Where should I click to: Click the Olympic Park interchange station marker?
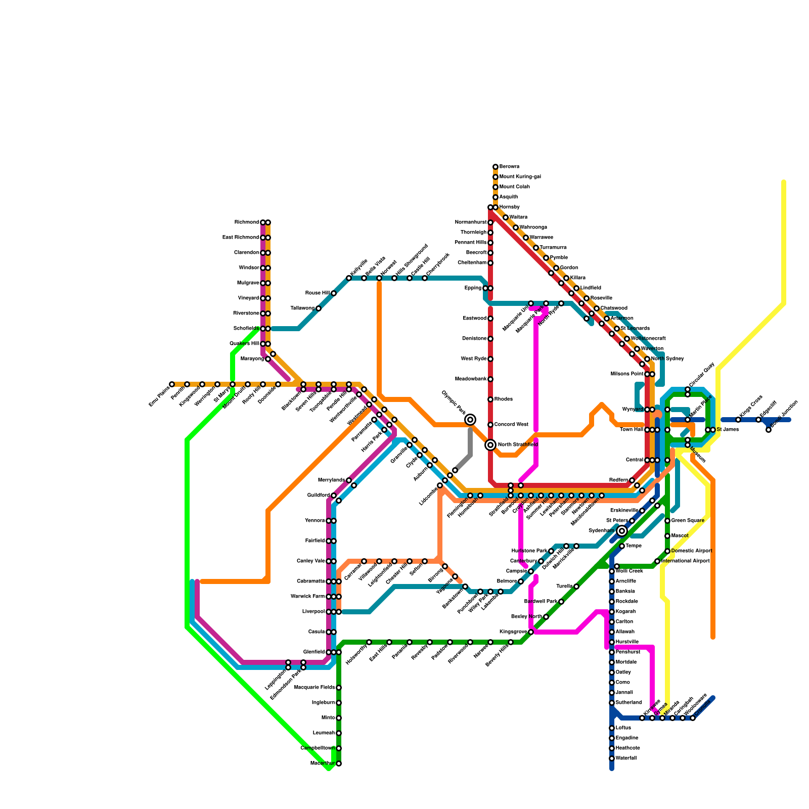470,420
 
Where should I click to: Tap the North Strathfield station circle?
490,445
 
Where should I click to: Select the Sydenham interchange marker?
622,531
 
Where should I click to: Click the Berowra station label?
509,167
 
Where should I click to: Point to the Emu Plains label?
159,396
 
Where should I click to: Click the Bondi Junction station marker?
769,430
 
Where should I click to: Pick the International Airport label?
685,561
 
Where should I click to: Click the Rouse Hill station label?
317,293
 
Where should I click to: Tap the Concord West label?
511,425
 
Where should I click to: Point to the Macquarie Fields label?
314,688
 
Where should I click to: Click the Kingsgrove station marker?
531,632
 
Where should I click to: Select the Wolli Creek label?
630,571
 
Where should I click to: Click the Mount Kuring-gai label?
520,177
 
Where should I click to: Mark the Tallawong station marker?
319,308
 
